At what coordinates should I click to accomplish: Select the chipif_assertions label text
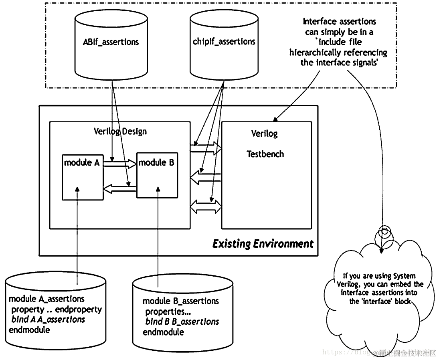[224, 41]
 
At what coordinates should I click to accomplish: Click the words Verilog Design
[120, 131]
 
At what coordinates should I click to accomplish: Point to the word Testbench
[265, 154]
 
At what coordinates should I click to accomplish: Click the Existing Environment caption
[263, 244]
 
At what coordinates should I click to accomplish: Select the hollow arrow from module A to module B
[120, 163]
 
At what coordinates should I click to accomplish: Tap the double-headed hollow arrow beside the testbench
[206, 206]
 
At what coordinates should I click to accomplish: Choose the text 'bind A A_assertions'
[48, 320]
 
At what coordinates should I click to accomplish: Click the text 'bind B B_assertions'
[182, 322]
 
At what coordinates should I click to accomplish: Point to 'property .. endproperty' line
[56, 309]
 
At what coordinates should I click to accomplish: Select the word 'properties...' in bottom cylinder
[165, 311]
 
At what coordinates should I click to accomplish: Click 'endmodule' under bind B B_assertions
[163, 332]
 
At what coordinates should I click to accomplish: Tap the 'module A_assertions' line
[47, 299]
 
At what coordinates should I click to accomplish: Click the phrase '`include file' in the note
[339, 42]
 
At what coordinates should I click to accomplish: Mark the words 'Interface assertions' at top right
[339, 21]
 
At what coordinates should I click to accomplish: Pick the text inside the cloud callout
[379, 289]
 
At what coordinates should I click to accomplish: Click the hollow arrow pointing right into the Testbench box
[206, 147]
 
